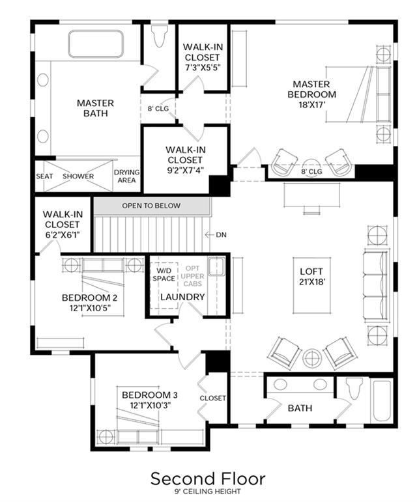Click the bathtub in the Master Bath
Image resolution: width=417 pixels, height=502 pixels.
coord(95,44)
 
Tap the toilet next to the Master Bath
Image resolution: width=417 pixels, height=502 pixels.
coord(160,36)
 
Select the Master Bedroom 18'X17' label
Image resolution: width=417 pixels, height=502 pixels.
coord(311,94)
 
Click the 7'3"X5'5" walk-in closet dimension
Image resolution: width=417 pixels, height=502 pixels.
coord(203,68)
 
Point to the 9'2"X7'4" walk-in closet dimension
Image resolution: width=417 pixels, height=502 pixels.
coord(186,171)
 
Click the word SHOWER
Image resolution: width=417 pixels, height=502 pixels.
coord(78,176)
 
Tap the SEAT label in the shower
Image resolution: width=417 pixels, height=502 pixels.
coord(44,176)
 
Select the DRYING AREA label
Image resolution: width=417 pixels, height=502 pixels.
coord(127,176)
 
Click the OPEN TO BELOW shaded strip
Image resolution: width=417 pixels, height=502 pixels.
coord(152,206)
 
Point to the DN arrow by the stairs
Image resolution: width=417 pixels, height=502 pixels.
coord(209,235)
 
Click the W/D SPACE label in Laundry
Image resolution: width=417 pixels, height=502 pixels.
coord(164,275)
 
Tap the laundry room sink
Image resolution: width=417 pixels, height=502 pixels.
coord(217,267)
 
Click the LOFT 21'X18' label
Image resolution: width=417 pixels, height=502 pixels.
coord(311,276)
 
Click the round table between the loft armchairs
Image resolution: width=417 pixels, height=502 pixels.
coord(312,358)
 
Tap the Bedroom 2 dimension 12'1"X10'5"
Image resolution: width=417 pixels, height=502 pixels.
coord(93,309)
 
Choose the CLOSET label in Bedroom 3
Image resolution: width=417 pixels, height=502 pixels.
coord(212,398)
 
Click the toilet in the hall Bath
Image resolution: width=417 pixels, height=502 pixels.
coord(354,388)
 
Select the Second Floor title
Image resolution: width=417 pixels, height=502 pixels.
coord(208,479)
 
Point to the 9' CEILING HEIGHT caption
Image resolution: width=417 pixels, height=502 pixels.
coord(208,491)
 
